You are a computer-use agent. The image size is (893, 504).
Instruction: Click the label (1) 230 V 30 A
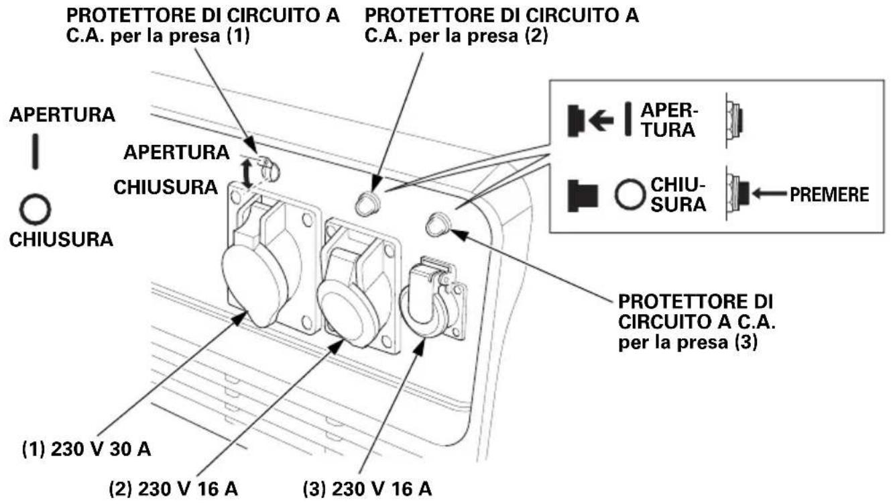[86, 450]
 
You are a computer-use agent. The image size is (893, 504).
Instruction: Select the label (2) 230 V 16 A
[174, 489]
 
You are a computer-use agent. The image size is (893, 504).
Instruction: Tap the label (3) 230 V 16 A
[367, 489]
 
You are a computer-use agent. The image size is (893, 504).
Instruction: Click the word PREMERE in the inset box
[829, 195]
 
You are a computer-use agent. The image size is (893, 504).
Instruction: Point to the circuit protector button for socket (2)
[367, 203]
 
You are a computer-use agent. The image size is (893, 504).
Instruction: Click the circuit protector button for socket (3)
[438, 224]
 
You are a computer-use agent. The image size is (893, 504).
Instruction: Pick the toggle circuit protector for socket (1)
[270, 170]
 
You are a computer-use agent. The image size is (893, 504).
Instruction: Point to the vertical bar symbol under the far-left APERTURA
[36, 152]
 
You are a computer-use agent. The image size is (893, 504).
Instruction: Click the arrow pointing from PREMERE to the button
[770, 194]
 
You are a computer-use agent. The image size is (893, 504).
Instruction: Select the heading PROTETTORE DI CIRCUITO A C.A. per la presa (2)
[502, 26]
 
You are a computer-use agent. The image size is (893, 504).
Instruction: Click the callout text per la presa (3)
[688, 342]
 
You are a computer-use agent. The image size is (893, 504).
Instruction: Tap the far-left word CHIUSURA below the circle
[61, 240]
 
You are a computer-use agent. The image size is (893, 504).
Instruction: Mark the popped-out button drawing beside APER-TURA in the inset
[734, 119]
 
